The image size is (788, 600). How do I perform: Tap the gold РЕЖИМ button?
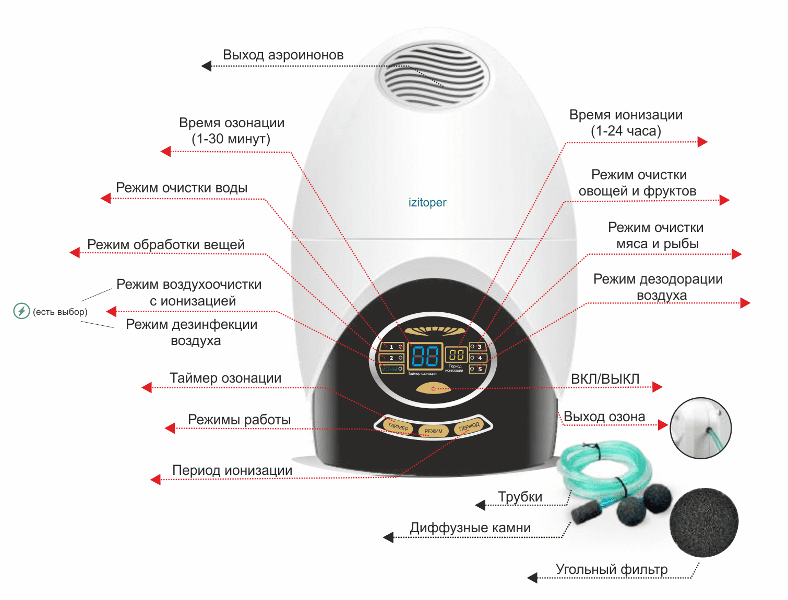(x=433, y=431)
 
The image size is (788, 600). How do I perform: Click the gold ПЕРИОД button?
(x=469, y=426)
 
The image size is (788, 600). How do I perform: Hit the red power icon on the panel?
(x=433, y=389)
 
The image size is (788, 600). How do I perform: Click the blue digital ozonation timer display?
(x=425, y=357)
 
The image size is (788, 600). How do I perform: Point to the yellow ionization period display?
(x=456, y=355)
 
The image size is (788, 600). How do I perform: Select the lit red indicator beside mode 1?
(x=401, y=347)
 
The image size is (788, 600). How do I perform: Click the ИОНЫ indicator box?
(x=392, y=369)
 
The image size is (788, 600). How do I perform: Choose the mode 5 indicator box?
(x=477, y=369)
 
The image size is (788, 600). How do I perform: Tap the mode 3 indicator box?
(x=477, y=347)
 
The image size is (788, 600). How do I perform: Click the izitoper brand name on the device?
(x=427, y=202)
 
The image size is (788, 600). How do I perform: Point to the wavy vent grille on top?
(x=433, y=75)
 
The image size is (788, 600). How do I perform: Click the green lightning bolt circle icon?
(x=21, y=311)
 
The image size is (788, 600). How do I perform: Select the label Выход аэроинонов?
(x=283, y=55)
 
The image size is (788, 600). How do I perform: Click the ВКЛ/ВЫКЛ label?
(x=605, y=379)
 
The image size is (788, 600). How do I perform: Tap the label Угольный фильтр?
(x=612, y=569)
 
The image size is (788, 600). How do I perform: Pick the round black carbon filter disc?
(x=703, y=522)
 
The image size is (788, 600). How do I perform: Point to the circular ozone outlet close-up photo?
(x=700, y=428)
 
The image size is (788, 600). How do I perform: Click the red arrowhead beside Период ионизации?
(x=155, y=480)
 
